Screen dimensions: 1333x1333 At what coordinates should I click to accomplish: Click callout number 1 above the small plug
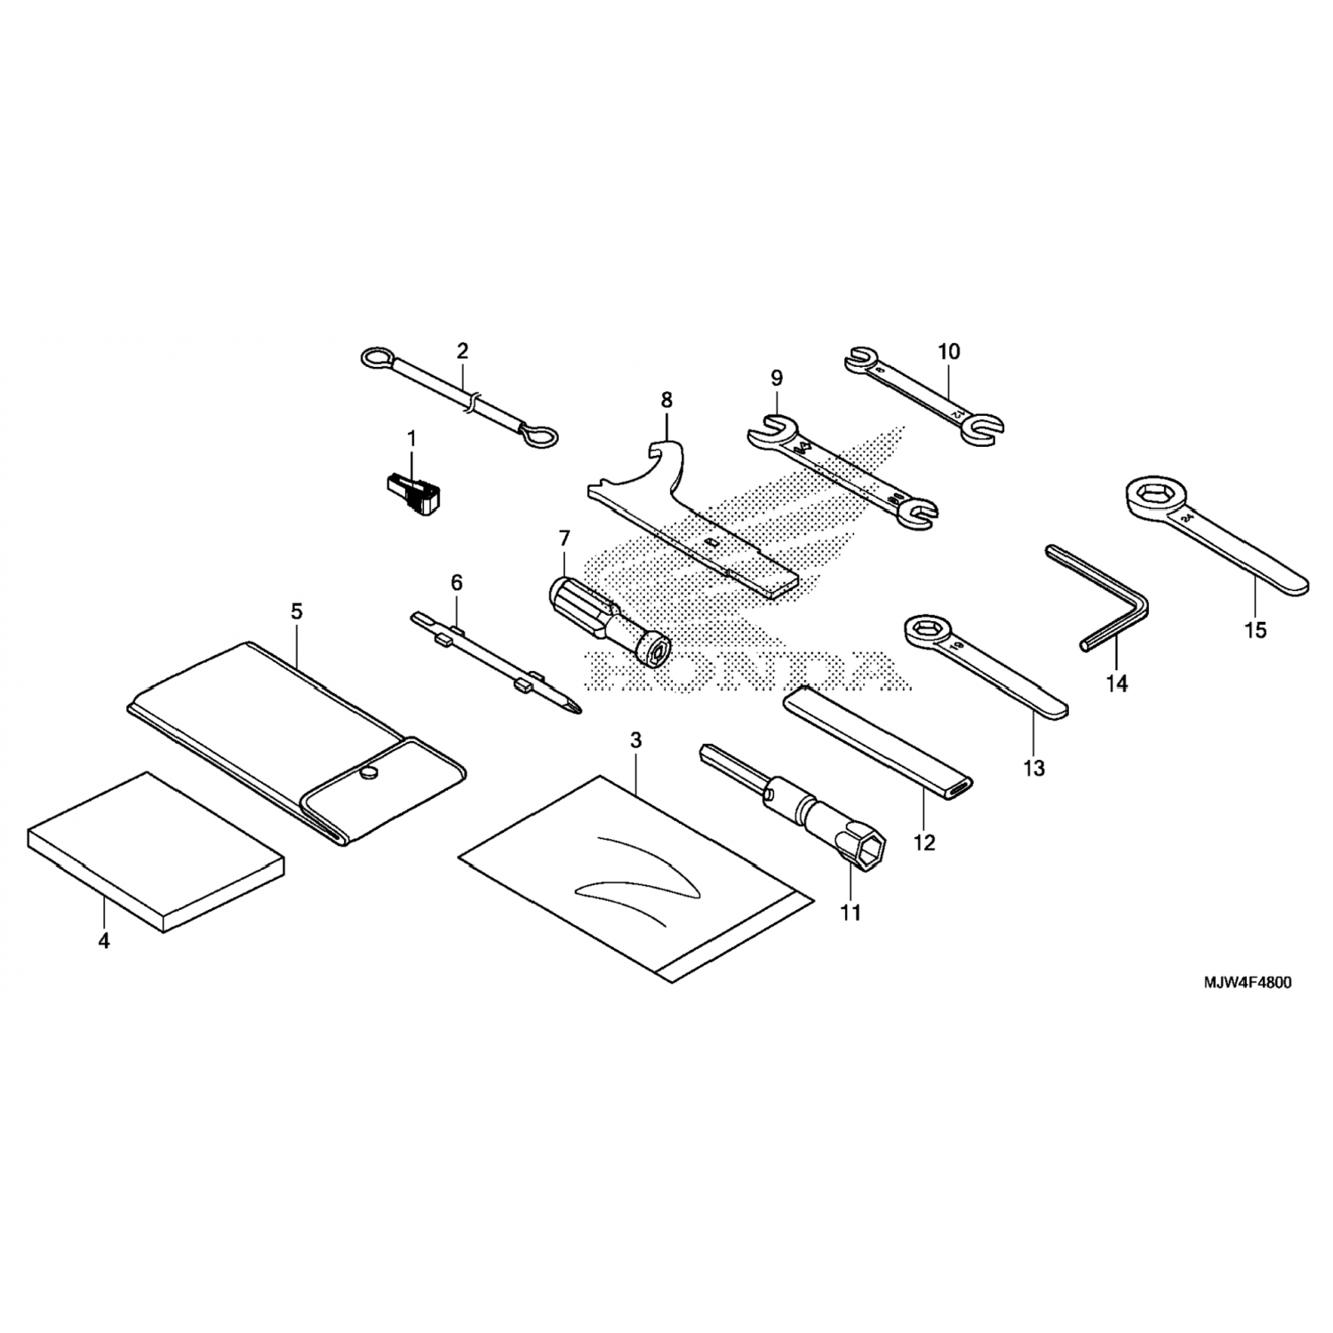(411, 438)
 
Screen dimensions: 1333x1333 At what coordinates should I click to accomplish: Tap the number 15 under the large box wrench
(1255, 630)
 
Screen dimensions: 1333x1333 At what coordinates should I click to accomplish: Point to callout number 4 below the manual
(104, 941)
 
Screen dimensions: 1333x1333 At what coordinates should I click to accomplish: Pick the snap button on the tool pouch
(368, 773)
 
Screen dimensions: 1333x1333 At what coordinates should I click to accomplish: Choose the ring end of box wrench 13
(925, 634)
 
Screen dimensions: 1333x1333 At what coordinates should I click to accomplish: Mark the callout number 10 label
(948, 352)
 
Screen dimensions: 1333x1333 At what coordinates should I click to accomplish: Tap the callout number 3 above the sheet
(635, 740)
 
